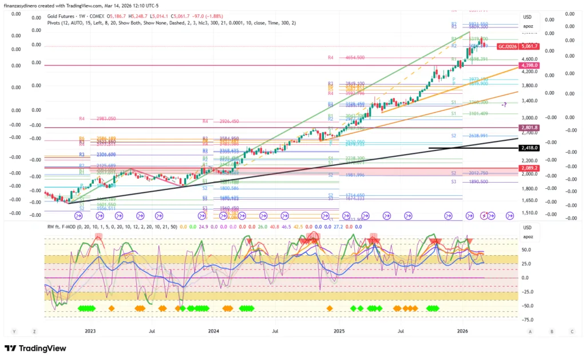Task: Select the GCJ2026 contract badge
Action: (506, 46)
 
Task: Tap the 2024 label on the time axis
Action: (213, 331)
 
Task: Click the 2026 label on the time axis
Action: (463, 331)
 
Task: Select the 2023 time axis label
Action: (90, 331)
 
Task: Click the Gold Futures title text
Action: (64, 16)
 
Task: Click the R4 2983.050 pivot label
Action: (97, 118)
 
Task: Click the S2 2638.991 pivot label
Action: (469, 136)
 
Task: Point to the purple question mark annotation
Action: (504, 105)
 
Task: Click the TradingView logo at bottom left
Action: (35, 349)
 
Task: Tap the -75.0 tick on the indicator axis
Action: (526, 320)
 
